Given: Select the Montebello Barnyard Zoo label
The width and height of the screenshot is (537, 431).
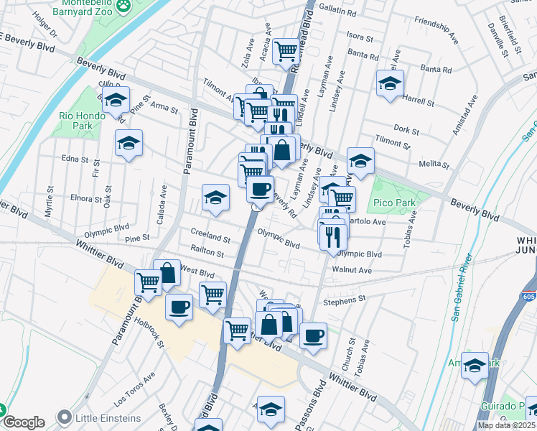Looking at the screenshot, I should [84, 11].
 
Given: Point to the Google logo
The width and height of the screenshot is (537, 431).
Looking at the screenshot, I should [24, 422].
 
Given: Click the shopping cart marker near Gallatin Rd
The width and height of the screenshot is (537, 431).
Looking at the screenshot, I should [286, 50].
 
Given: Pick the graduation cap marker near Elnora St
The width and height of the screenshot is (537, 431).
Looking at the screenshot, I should [215, 198].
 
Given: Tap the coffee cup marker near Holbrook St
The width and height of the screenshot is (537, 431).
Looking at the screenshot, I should [179, 307].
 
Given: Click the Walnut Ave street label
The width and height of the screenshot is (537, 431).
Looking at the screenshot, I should [352, 270].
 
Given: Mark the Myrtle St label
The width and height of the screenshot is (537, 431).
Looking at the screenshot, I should [50, 205].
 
